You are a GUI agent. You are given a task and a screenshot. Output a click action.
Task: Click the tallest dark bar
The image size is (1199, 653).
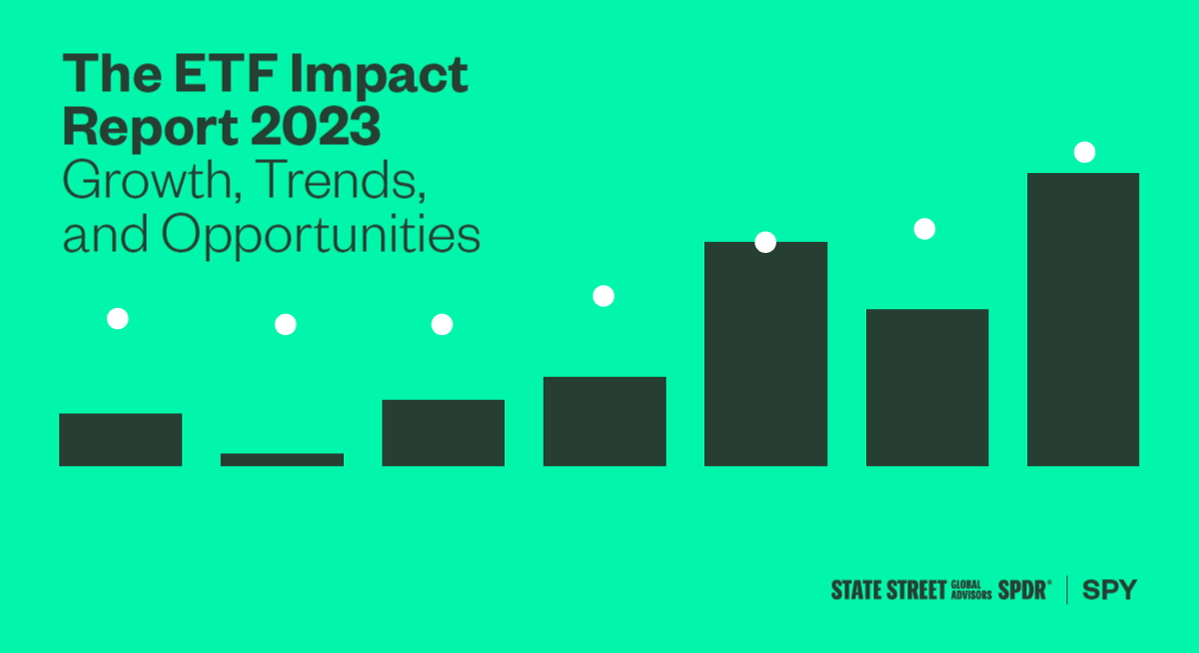[1083, 319]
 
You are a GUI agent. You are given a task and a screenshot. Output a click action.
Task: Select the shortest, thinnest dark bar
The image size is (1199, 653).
[282, 460]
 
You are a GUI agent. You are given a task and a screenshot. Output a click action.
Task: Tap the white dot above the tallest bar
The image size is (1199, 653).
[1084, 152]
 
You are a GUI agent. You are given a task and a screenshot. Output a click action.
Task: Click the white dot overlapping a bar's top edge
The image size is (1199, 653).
[765, 242]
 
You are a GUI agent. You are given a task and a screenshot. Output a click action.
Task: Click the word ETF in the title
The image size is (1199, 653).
[226, 73]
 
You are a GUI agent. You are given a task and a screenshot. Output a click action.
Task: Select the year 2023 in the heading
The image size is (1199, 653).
[316, 126]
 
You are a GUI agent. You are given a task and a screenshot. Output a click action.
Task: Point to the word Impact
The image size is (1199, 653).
[379, 76]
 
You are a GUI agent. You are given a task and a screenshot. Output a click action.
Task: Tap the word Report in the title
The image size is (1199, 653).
[151, 129]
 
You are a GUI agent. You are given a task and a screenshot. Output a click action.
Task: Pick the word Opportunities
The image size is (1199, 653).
[321, 236]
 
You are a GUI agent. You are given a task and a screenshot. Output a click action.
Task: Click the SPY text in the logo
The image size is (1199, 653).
[1110, 590]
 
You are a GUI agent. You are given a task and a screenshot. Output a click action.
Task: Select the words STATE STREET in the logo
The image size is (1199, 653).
[888, 590]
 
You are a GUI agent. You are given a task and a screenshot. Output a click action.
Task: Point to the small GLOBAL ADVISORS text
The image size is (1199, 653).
[971, 590]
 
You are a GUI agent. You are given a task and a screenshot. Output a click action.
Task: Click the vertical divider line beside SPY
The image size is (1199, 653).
[1067, 590]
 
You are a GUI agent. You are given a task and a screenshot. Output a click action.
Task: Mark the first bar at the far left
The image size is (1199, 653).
[121, 440]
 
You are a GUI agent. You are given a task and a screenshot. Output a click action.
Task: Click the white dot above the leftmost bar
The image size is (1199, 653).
[118, 319]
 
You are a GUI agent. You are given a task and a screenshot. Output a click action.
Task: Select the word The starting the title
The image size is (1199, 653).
[112, 73]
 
